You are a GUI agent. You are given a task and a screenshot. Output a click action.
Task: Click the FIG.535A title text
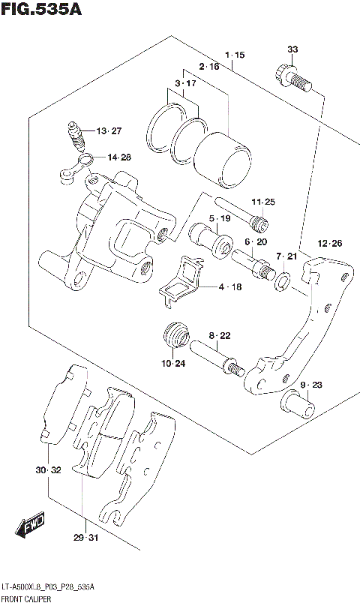click(41, 10)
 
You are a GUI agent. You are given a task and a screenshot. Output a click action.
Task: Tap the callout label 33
click(292, 49)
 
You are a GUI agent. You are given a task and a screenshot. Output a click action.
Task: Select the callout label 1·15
click(234, 55)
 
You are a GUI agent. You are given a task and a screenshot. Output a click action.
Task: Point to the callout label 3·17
click(185, 83)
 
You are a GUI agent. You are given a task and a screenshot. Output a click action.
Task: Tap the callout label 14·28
click(118, 157)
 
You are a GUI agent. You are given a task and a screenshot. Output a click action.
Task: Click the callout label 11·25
click(263, 202)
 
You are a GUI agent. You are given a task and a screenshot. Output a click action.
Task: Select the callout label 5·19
click(220, 219)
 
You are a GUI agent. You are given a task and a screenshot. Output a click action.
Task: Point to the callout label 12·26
click(329, 243)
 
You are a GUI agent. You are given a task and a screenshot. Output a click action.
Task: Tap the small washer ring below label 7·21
click(283, 281)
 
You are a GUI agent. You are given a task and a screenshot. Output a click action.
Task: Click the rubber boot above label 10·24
click(175, 335)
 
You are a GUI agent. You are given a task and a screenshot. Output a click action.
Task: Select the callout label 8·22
click(220, 335)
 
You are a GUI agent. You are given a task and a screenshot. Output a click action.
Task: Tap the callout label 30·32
click(46, 470)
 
